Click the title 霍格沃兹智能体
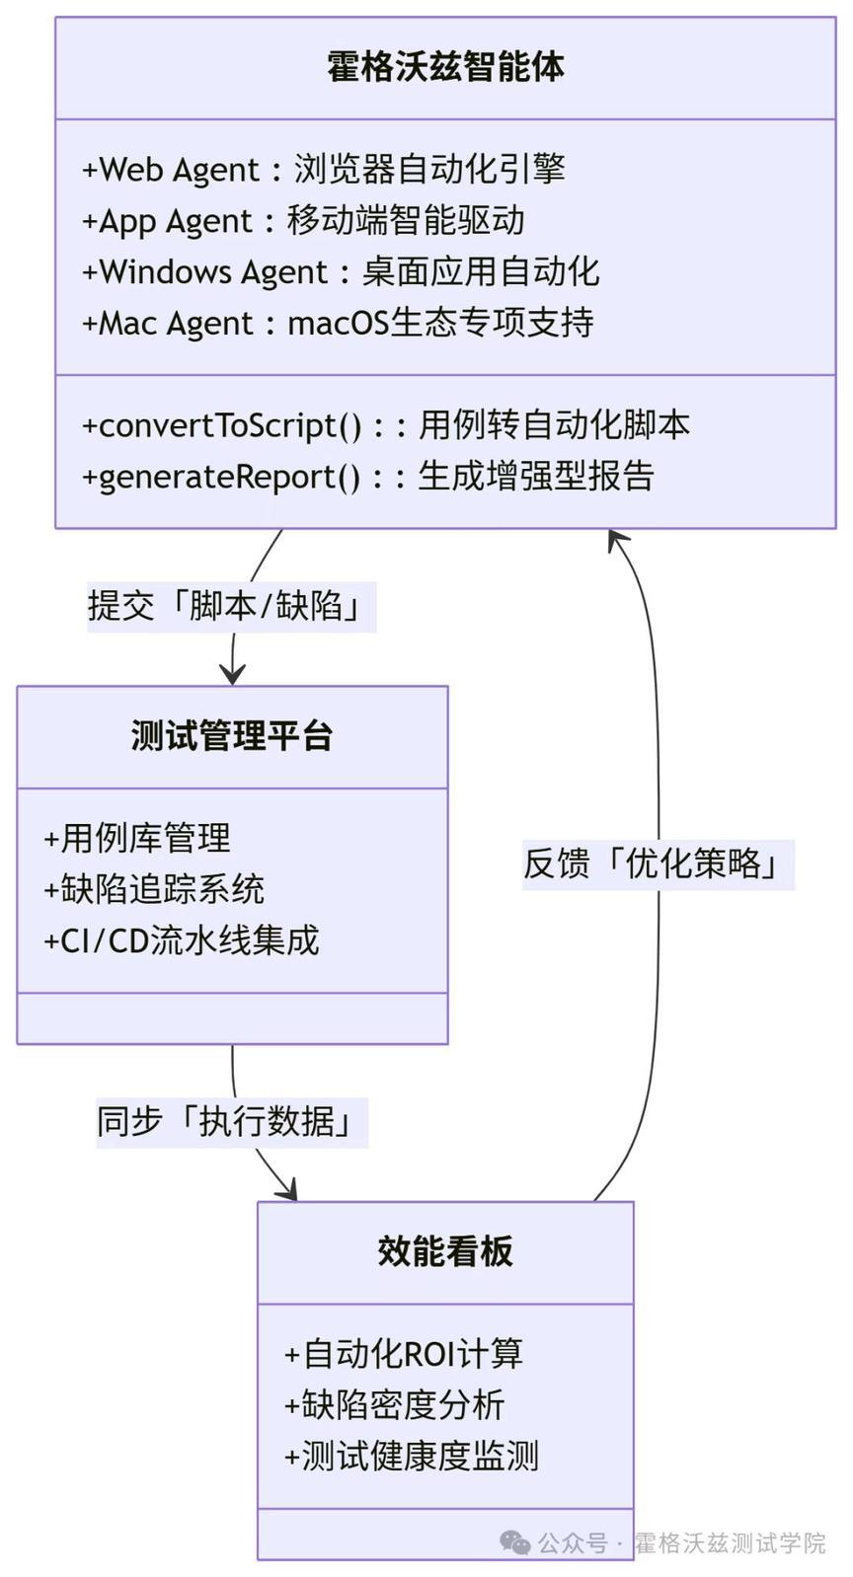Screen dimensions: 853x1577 click(x=445, y=67)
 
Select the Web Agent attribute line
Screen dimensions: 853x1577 click(x=323, y=170)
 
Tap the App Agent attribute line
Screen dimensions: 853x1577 click(x=303, y=221)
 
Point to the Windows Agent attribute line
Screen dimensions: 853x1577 click(x=341, y=272)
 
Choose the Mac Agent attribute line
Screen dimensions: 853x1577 click(x=338, y=324)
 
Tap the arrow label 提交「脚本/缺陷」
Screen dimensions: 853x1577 click(x=232, y=606)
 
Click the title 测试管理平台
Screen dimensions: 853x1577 click(x=232, y=736)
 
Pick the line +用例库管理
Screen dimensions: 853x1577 click(x=137, y=839)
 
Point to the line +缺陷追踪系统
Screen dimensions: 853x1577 click(x=154, y=889)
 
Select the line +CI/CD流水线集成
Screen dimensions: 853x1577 click(x=182, y=940)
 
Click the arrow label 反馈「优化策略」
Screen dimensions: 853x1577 click(x=658, y=864)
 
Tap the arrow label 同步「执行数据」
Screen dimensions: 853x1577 click(x=232, y=1122)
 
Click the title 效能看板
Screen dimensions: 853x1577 click(x=445, y=1251)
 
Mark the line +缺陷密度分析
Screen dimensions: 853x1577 click(x=395, y=1405)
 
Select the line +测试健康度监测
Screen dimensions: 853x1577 click(x=412, y=1457)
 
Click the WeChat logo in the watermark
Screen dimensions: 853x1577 click(x=515, y=1543)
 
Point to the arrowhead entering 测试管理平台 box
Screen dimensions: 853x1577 click(x=232, y=674)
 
